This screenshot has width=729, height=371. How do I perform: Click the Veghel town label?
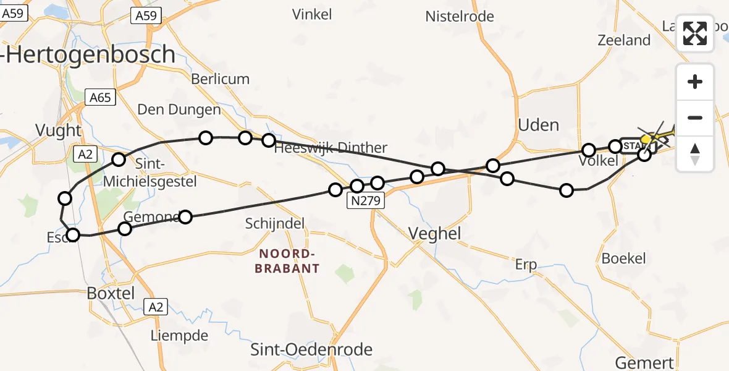coord(435,233)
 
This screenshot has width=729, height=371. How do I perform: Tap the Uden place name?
coord(539,125)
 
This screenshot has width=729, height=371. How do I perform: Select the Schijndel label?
coord(275,223)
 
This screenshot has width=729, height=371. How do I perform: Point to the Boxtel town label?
coord(111,293)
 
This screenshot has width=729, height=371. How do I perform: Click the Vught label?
coord(58,130)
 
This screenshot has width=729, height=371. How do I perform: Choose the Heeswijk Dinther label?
coord(331,148)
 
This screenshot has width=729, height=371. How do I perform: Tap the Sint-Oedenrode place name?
coord(311,349)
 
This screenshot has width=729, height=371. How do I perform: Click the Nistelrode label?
coord(460,17)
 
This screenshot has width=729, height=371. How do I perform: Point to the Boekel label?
coord(623,258)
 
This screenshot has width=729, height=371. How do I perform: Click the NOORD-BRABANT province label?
coord(289,261)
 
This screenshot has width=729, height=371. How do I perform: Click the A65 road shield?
coord(99,98)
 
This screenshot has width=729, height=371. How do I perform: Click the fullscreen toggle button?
coord(695,33)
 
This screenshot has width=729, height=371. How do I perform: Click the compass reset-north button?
coord(695,154)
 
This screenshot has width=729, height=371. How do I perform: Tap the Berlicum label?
coord(220,79)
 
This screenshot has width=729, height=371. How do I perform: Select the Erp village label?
coord(526,265)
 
